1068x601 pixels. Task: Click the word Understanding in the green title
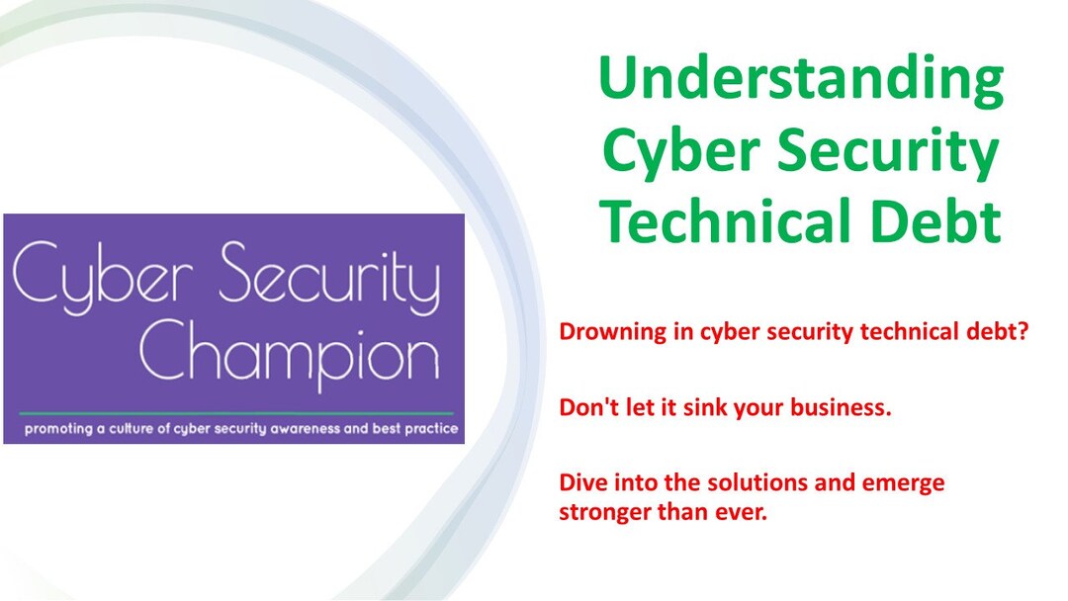pyautogui.click(x=801, y=81)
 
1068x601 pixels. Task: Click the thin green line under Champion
pyautogui.click(x=235, y=412)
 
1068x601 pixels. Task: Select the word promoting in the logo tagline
pyautogui.click(x=64, y=429)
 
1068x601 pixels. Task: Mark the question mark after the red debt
pyautogui.click(x=1023, y=331)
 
